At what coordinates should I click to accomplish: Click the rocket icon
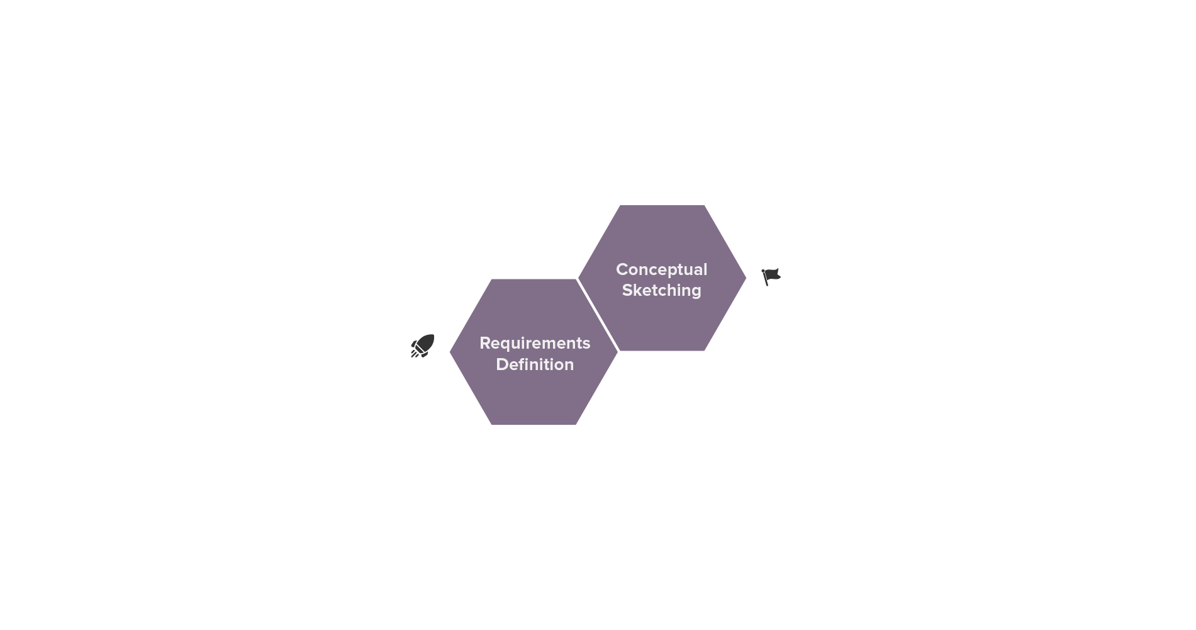(423, 346)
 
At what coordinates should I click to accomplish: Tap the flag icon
(771, 277)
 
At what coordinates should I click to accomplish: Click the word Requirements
(535, 344)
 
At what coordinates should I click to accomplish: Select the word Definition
(535, 364)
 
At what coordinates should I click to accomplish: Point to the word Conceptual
(661, 270)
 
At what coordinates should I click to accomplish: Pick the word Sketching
(661, 290)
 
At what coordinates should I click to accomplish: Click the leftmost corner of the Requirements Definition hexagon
(450, 352)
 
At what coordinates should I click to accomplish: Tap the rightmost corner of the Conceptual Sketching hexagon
(746, 278)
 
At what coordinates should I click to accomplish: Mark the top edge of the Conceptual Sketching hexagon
(662, 206)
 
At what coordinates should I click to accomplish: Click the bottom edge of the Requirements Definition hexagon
(534, 424)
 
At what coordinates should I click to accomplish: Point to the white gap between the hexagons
(598, 315)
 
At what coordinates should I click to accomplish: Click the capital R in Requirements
(485, 343)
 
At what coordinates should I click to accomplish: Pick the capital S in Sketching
(627, 290)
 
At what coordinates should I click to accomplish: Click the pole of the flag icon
(764, 278)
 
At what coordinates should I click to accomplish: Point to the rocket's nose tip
(433, 335)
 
